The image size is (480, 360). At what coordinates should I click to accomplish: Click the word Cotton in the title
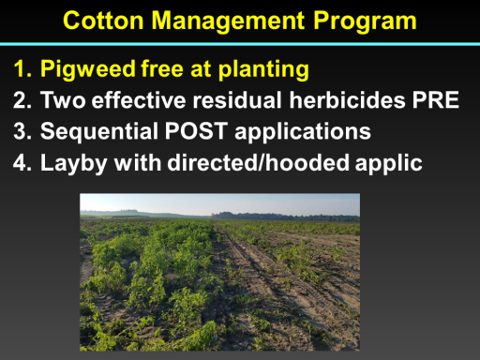[x=103, y=21]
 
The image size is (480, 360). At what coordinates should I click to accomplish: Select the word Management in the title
[x=228, y=22]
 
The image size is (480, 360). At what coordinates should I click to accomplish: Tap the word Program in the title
[x=365, y=22]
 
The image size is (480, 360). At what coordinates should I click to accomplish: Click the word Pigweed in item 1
[x=88, y=69]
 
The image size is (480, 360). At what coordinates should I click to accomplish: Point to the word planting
[x=263, y=69]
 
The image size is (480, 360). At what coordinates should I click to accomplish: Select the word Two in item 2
[x=63, y=100]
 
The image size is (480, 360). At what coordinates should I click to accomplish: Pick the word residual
[x=237, y=100]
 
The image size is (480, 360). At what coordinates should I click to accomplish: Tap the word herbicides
[x=347, y=100]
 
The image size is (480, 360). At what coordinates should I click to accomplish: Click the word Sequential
[x=99, y=132]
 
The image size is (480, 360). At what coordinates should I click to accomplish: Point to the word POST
[x=196, y=131]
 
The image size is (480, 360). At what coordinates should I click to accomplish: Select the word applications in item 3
[x=303, y=132]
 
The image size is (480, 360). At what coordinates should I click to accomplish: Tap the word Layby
[x=74, y=163]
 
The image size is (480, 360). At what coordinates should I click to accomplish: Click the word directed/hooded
[x=258, y=162]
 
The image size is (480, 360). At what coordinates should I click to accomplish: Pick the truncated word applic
[x=389, y=163]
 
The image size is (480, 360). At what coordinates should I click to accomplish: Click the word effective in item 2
[x=139, y=100]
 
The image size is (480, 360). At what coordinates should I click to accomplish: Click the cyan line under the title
[x=240, y=44]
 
